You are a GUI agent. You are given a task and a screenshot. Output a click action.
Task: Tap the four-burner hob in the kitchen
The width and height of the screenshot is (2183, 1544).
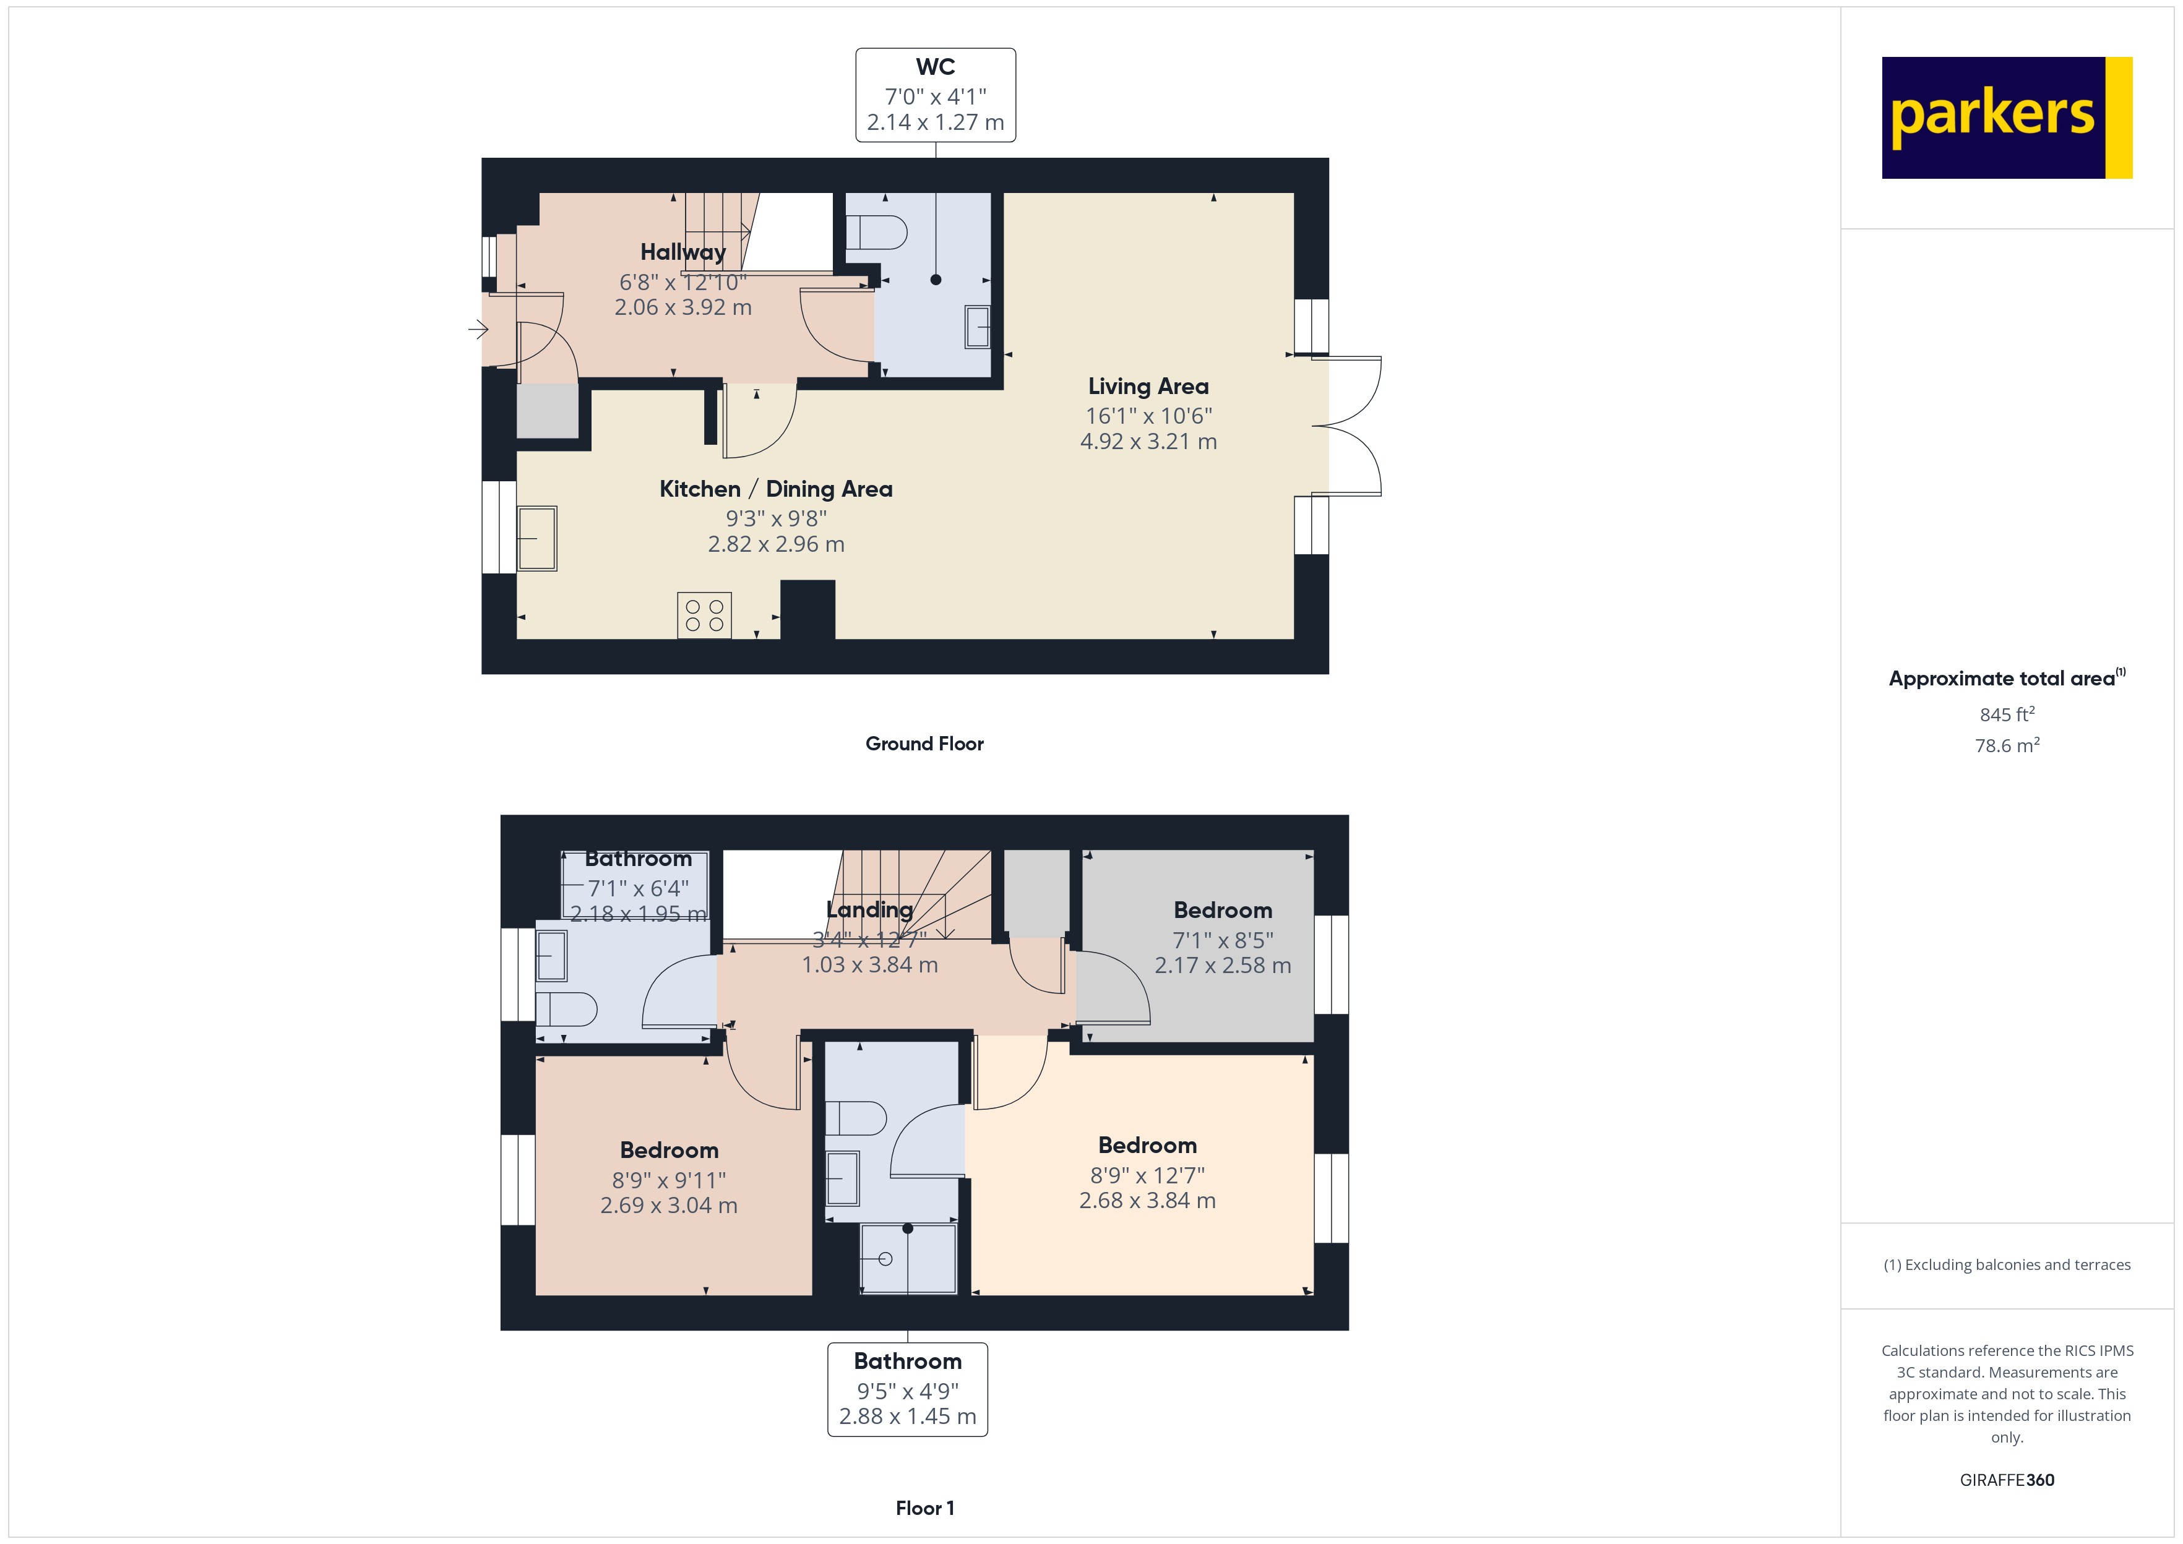[705, 615]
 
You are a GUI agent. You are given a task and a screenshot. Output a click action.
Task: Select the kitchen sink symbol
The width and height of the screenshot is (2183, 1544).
[537, 538]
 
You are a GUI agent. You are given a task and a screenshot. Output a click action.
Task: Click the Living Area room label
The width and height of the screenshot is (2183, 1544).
[1148, 386]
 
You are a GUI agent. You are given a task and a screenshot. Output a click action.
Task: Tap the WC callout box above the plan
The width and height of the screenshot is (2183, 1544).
[936, 95]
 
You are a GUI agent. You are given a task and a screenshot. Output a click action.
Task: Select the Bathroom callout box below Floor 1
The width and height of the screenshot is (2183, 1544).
[908, 1389]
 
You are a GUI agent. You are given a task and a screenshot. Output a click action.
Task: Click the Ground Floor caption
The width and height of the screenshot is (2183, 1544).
[924, 744]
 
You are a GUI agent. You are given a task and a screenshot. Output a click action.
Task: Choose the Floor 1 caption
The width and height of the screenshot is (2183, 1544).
[925, 1508]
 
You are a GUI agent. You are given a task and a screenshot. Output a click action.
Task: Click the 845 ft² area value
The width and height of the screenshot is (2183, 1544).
[2007, 714]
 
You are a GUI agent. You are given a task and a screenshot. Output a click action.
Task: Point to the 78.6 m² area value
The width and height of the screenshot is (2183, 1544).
[2007, 745]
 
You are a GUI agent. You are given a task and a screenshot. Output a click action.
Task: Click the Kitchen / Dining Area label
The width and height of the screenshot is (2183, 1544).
[776, 489]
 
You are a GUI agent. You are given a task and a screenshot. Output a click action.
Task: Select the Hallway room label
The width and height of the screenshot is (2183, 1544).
[682, 252]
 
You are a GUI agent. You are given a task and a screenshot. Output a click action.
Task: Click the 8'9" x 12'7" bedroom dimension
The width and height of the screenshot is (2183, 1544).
[1148, 1175]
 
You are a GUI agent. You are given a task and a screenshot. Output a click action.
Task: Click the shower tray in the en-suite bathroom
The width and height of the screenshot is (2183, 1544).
[908, 1259]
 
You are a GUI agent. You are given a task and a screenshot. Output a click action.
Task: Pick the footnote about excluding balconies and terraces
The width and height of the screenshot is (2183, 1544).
[2007, 1264]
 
